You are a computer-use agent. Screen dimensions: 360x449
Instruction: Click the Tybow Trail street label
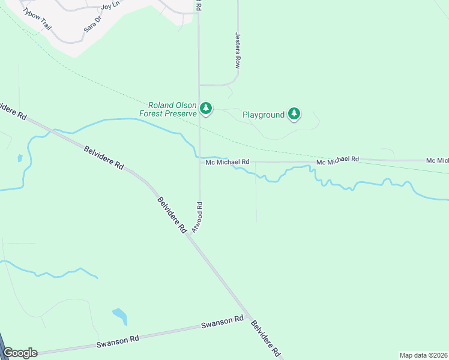tap(37, 20)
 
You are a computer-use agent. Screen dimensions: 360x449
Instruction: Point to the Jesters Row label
tap(238, 50)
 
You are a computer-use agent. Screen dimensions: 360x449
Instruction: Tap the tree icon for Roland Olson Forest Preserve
tap(206, 108)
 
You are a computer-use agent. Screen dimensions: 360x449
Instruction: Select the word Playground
tap(263, 114)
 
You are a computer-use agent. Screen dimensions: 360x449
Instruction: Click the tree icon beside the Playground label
tap(294, 113)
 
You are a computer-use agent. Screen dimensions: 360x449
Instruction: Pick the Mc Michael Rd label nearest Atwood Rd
tap(227, 162)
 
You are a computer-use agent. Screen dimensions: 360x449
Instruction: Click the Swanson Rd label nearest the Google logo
tap(118, 341)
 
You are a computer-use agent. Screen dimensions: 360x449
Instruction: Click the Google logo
tap(20, 353)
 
